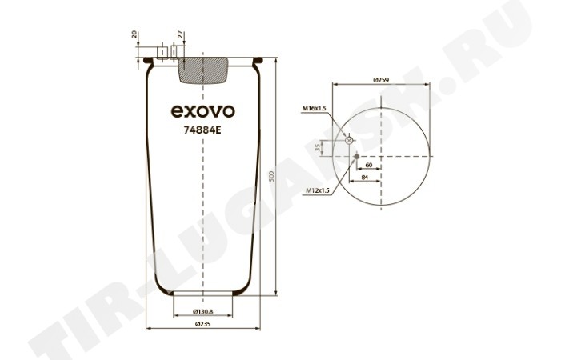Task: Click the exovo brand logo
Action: [202, 111]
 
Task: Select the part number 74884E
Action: [202, 130]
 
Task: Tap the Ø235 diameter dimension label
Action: [202, 324]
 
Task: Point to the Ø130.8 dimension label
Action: [202, 311]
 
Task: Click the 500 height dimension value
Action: [273, 177]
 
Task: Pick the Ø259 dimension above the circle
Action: [382, 80]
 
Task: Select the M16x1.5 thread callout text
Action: [315, 108]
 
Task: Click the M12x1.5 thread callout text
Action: [317, 190]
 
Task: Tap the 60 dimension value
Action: [369, 165]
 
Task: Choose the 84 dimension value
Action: [365, 177]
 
